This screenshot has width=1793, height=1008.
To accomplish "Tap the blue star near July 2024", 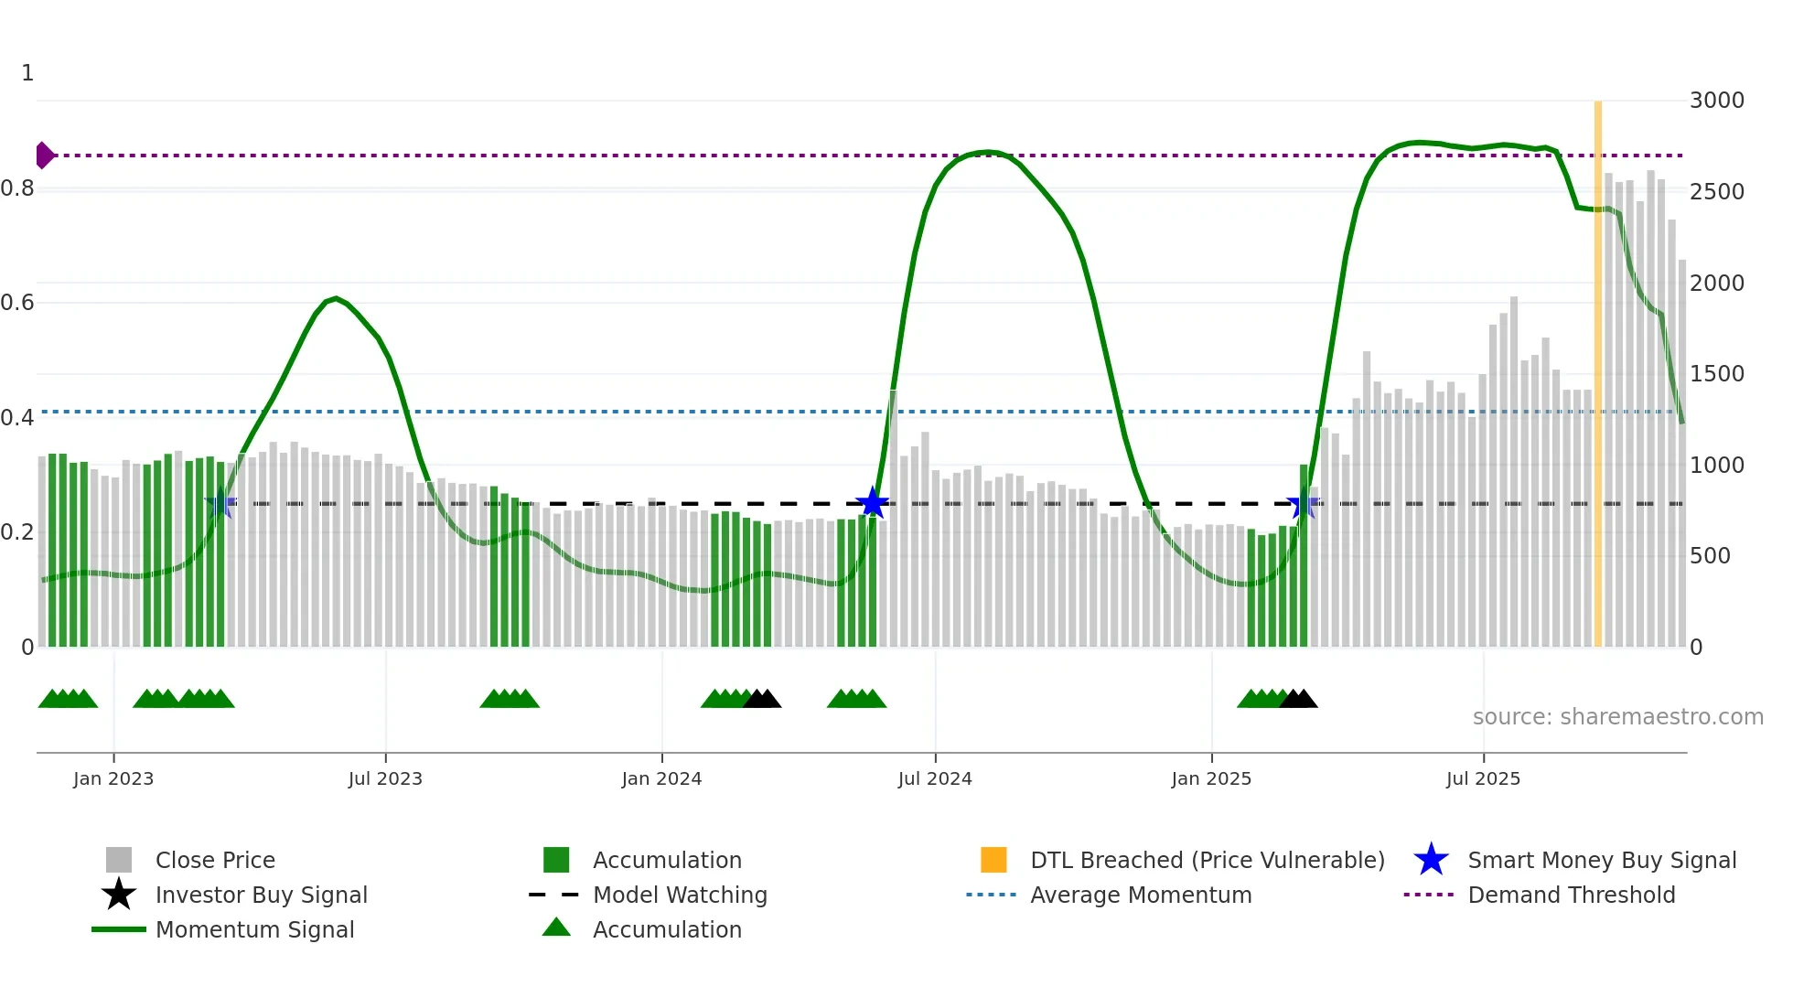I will tap(872, 503).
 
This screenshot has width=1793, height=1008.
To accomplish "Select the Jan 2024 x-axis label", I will tap(661, 779).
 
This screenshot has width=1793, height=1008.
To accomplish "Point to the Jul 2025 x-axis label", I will tap(1483, 779).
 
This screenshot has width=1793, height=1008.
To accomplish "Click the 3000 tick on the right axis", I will tap(1716, 101).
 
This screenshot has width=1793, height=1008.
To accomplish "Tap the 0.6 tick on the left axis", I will tap(17, 303).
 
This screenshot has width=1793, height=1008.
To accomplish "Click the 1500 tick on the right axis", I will tap(1716, 374).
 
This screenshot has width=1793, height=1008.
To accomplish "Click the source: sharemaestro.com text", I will tap(1617, 717).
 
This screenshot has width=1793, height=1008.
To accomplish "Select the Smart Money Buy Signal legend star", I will tap(1431, 861).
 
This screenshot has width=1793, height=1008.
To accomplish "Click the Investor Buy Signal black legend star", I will tap(119, 895).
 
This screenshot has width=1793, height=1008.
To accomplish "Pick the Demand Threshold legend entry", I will tap(1571, 895).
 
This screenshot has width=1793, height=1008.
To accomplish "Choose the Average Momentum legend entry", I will tap(1140, 895).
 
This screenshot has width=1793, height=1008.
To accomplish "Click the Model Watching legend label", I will tap(680, 895).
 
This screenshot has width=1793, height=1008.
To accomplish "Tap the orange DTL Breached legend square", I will tap(993, 860).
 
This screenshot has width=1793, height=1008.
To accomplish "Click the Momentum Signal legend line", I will tap(119, 929).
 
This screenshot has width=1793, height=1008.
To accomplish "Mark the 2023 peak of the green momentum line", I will tap(336, 298).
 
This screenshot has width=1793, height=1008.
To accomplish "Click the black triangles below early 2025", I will tap(1298, 700).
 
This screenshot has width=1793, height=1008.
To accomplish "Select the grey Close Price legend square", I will tap(119, 860).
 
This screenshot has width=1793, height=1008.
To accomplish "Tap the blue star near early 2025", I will tap(1302, 504).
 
